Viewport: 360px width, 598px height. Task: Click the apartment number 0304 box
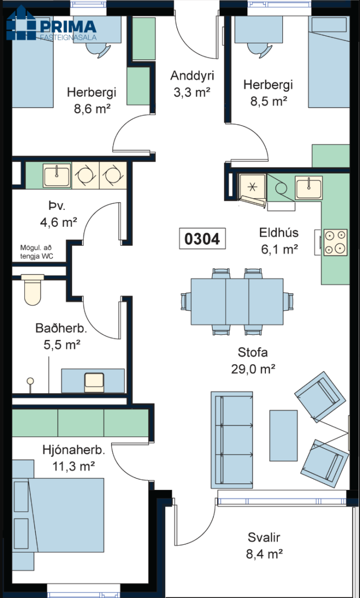[202, 239]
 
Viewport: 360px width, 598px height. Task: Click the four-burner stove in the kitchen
[335, 242]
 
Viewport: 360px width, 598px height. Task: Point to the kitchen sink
[309, 187]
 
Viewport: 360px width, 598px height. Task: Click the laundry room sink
[56, 175]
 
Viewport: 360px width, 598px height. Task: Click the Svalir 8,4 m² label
[265, 546]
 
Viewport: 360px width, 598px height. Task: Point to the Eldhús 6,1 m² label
[278, 241]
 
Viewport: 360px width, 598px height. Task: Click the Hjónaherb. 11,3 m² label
[74, 458]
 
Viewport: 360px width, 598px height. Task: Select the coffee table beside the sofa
[283, 432]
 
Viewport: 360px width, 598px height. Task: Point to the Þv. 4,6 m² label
[58, 214]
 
